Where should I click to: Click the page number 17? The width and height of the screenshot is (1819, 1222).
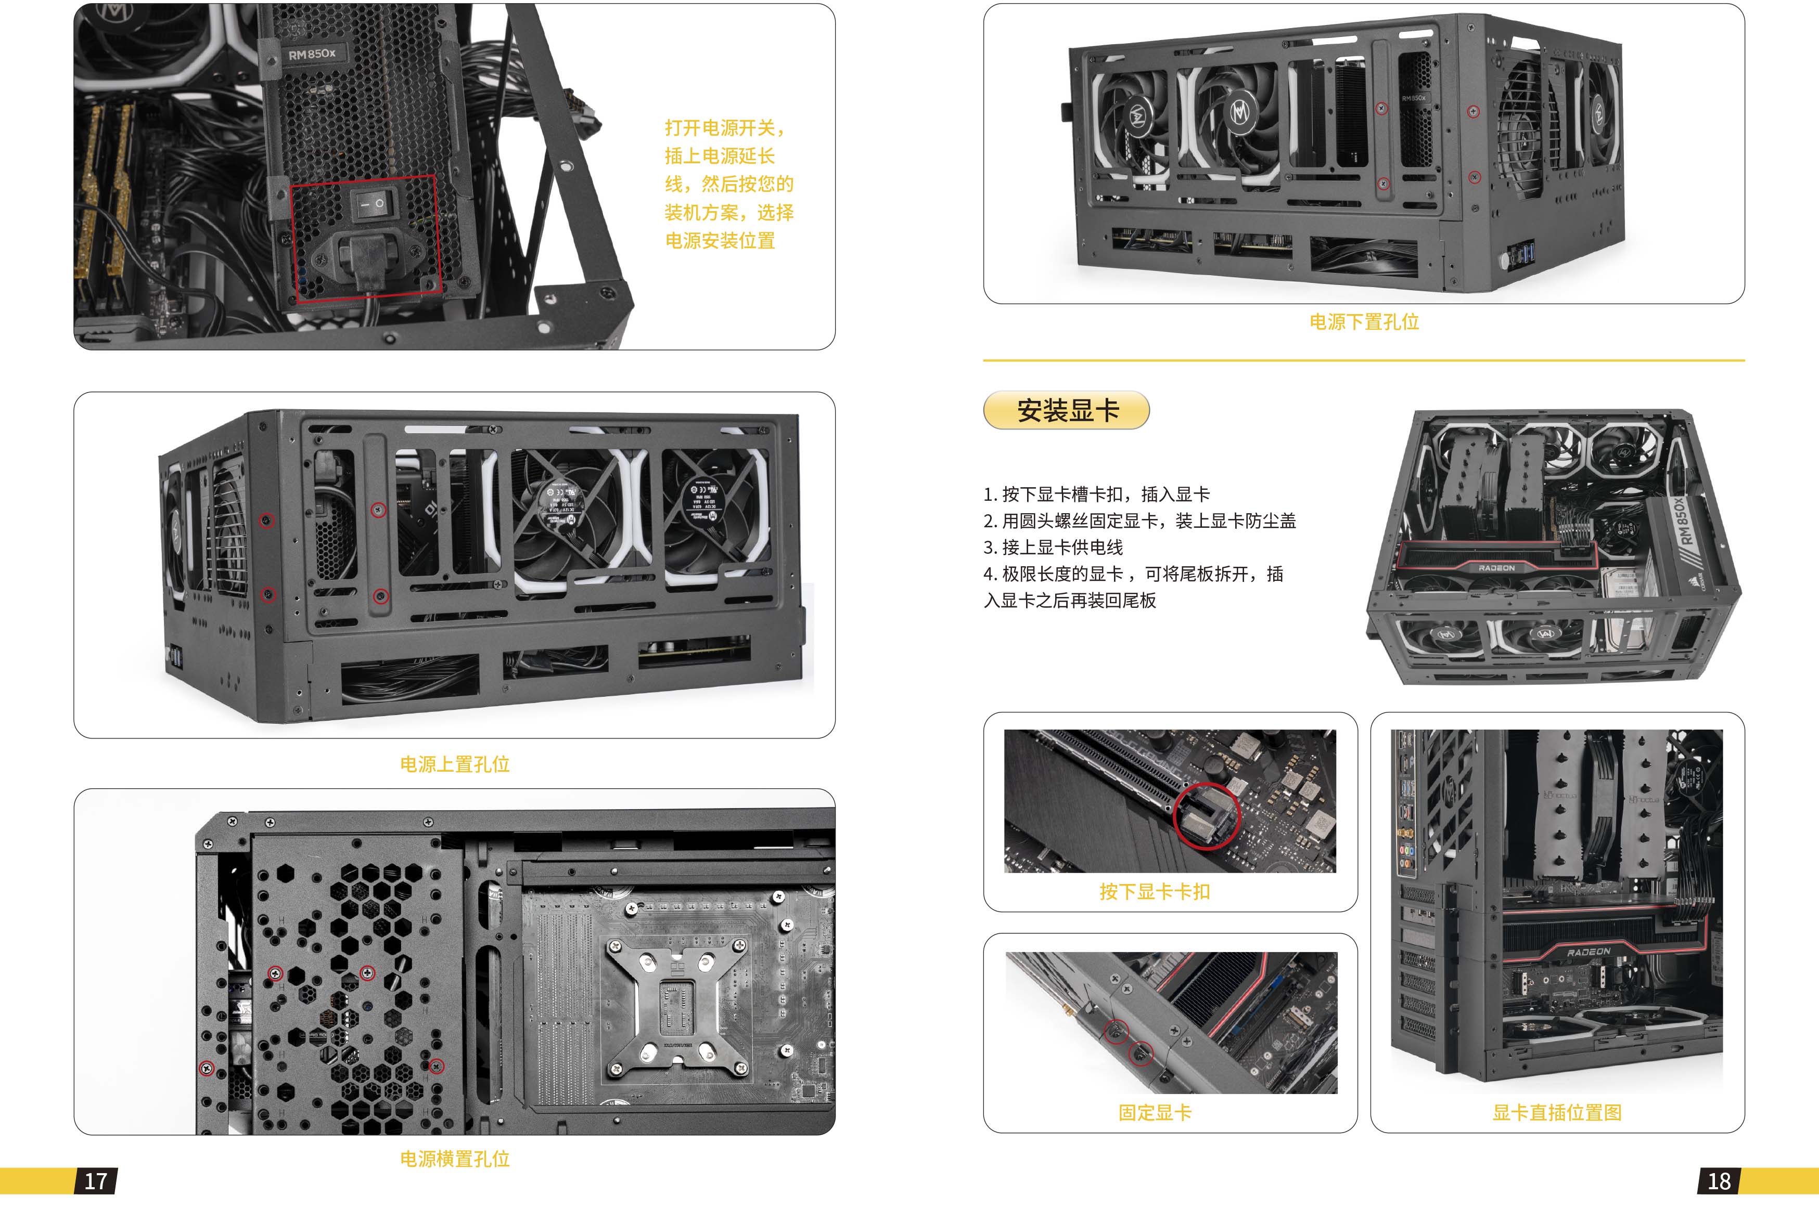(x=96, y=1181)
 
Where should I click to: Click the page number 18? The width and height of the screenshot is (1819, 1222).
(x=1719, y=1181)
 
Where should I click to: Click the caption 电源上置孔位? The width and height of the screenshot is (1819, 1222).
(x=455, y=764)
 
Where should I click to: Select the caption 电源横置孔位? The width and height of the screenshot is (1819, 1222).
(x=455, y=1159)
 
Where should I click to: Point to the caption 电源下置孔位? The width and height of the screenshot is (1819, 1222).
(x=1364, y=322)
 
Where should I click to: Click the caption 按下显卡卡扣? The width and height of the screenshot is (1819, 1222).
(x=1155, y=892)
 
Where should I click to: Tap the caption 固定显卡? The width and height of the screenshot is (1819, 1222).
(x=1155, y=1112)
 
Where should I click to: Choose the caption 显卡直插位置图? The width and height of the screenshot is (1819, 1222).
(x=1557, y=1112)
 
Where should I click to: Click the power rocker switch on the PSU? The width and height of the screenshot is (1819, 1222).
(x=370, y=204)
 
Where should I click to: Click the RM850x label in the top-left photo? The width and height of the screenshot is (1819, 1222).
(x=311, y=54)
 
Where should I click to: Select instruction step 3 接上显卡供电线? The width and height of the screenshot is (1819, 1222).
(x=1053, y=547)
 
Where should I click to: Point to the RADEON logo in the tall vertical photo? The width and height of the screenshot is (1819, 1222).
(x=1588, y=952)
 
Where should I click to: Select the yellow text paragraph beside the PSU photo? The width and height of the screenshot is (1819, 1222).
(x=729, y=184)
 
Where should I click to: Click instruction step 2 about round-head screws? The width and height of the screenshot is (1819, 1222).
(x=1140, y=521)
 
